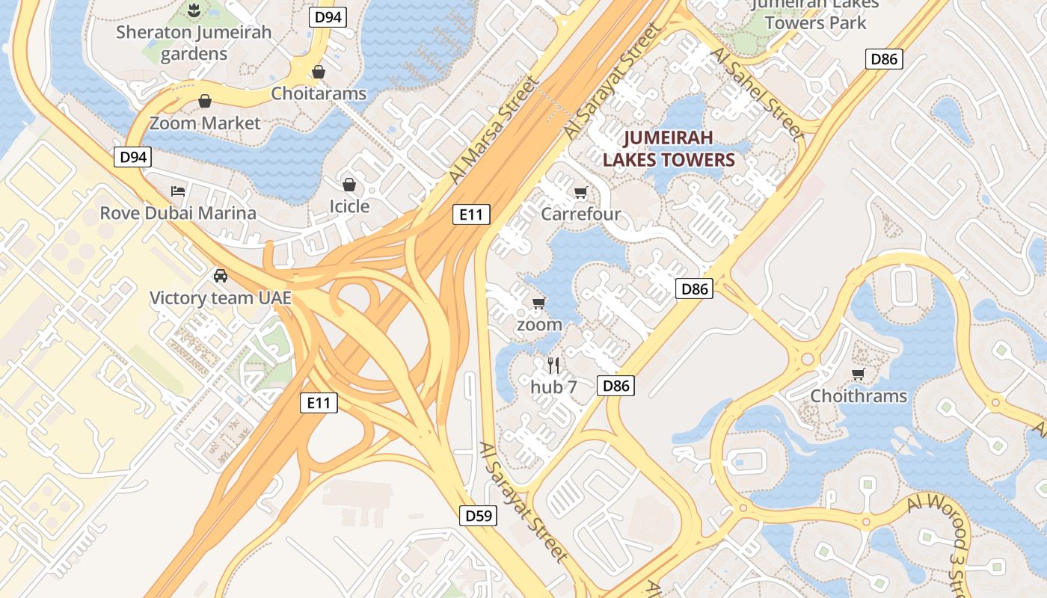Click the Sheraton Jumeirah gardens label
194,43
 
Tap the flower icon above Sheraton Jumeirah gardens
194,10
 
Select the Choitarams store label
319,93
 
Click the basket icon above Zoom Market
205,101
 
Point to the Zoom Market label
205,123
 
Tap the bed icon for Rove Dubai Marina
178,191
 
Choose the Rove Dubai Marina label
178,213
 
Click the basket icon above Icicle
349,184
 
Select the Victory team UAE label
220,298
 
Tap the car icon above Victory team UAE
220,276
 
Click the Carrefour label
580,215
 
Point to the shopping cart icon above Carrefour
580,193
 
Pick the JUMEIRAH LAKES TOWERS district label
669,148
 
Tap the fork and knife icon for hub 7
553,365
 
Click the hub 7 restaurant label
553,386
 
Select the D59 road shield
478,515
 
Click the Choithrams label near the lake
859,395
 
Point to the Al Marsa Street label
494,129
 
